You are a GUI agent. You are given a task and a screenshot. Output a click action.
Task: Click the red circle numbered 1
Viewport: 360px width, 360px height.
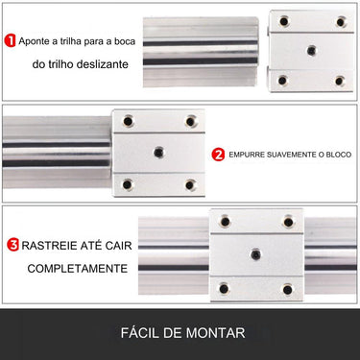coord(11,41)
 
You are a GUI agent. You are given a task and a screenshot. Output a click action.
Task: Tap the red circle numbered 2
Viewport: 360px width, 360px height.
coord(218,154)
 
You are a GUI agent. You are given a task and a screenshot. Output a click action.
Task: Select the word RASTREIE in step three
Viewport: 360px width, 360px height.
coord(50,244)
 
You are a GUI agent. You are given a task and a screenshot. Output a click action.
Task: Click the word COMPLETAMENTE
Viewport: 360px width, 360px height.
coord(78,268)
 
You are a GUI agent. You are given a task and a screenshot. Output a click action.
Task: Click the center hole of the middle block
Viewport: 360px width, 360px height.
coord(159,152)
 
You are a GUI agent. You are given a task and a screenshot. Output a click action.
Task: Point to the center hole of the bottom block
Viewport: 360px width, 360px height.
coord(255,253)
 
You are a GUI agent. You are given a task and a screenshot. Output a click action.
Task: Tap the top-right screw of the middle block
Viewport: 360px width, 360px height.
coord(190,121)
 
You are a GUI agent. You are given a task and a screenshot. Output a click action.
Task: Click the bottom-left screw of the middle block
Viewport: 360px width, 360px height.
coord(128,183)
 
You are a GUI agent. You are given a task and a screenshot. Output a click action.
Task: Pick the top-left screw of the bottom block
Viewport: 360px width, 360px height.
coord(224,222)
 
